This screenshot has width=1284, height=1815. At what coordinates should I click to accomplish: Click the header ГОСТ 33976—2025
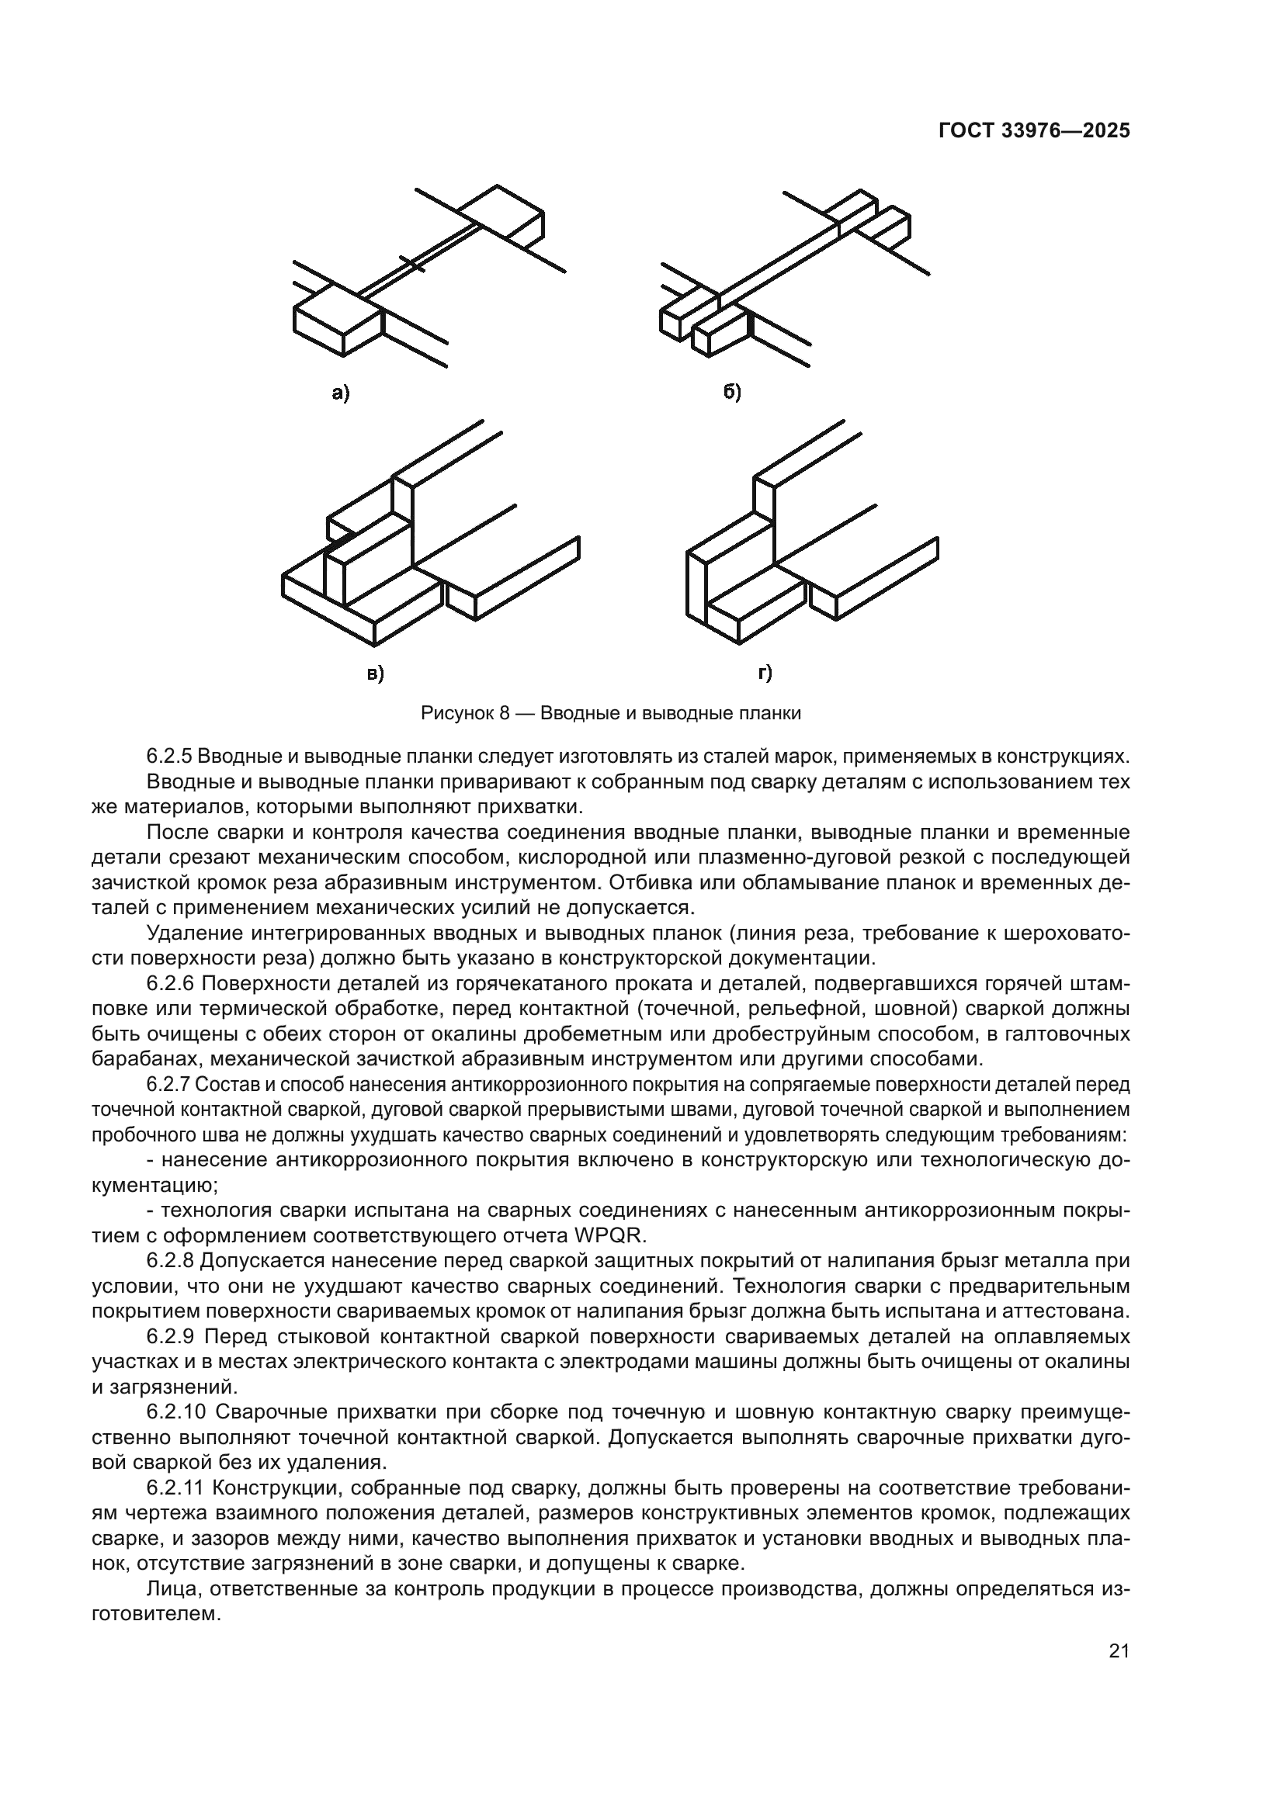[x=1033, y=131]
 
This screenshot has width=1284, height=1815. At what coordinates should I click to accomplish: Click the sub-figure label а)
[x=340, y=393]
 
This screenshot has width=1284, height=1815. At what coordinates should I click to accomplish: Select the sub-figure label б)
[x=732, y=392]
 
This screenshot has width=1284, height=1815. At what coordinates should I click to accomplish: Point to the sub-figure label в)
[x=374, y=674]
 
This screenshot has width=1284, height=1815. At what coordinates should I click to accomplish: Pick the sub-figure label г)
[x=765, y=673]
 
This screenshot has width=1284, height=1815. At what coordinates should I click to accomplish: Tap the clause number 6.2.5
[x=169, y=757]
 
